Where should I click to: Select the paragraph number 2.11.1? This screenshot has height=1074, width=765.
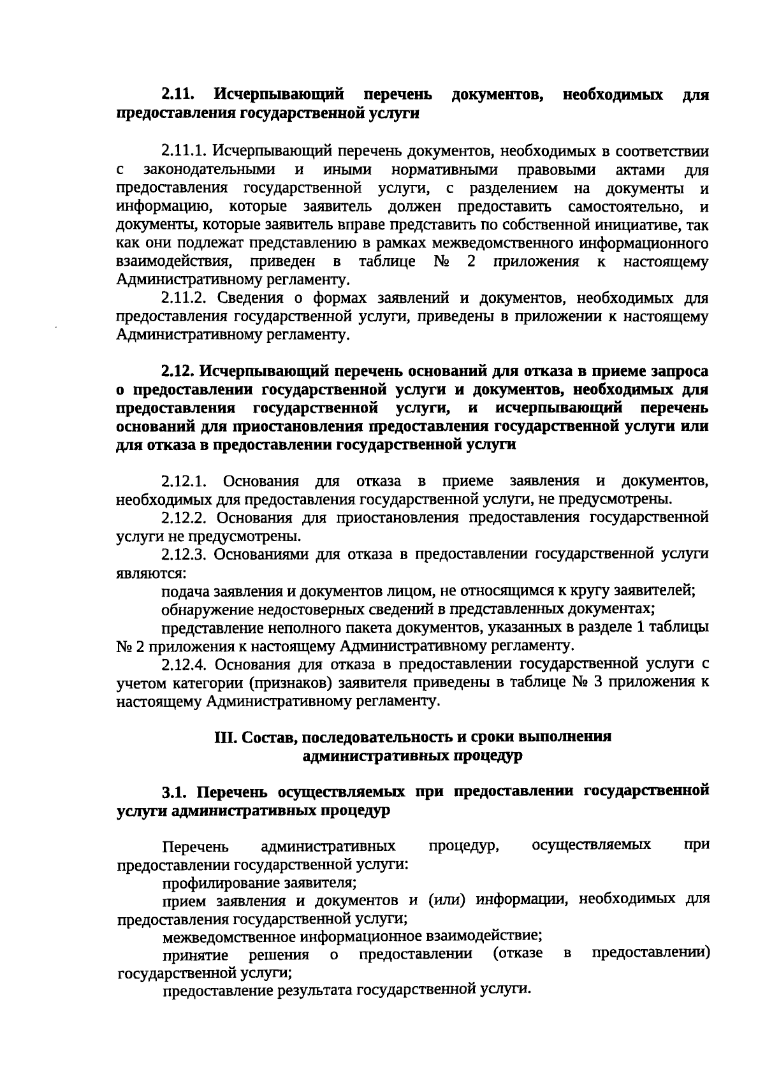[184, 152]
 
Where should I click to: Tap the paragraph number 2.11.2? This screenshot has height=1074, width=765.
[185, 298]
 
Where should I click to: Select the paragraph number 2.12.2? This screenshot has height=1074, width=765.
[185, 517]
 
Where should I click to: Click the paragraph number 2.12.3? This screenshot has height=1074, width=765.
[185, 554]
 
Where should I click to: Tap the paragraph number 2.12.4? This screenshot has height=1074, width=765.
[185, 665]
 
